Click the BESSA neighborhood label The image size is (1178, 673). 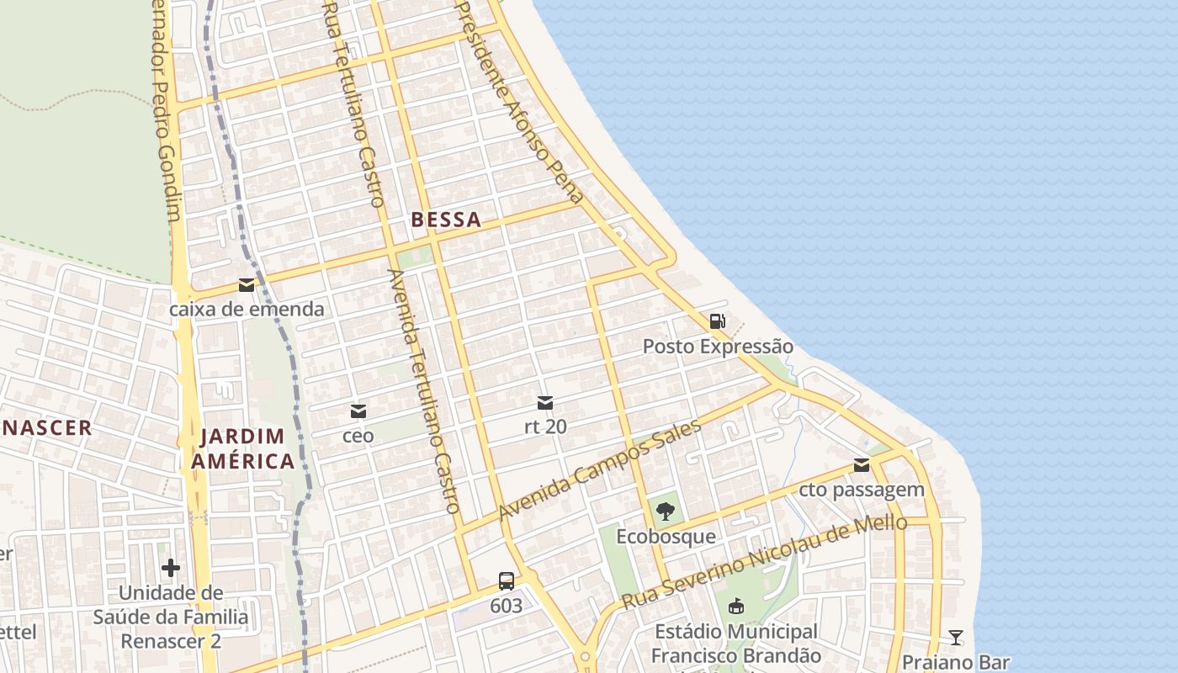(x=446, y=220)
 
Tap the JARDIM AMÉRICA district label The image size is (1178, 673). (x=242, y=448)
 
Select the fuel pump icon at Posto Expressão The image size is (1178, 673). (x=717, y=321)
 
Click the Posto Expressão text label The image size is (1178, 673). (x=718, y=346)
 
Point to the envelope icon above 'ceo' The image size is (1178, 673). (x=358, y=411)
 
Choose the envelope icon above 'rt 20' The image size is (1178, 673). (x=545, y=403)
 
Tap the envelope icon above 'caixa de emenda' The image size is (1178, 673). (x=247, y=285)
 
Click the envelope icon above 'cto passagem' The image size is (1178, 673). (x=861, y=465)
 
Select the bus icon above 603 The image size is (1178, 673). (x=506, y=580)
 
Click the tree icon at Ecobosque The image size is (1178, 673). (x=666, y=511)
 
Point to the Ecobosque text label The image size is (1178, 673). (x=666, y=536)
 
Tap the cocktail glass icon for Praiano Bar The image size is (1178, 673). (x=955, y=637)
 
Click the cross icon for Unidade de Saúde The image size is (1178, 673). (x=171, y=568)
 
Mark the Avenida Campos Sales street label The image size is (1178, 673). (x=600, y=470)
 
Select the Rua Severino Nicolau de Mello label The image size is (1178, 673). (x=764, y=561)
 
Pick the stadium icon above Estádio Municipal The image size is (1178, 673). (x=736, y=605)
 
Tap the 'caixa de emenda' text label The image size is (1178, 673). (x=247, y=309)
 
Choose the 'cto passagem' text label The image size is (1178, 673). (x=861, y=489)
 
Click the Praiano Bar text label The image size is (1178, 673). (x=955, y=661)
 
